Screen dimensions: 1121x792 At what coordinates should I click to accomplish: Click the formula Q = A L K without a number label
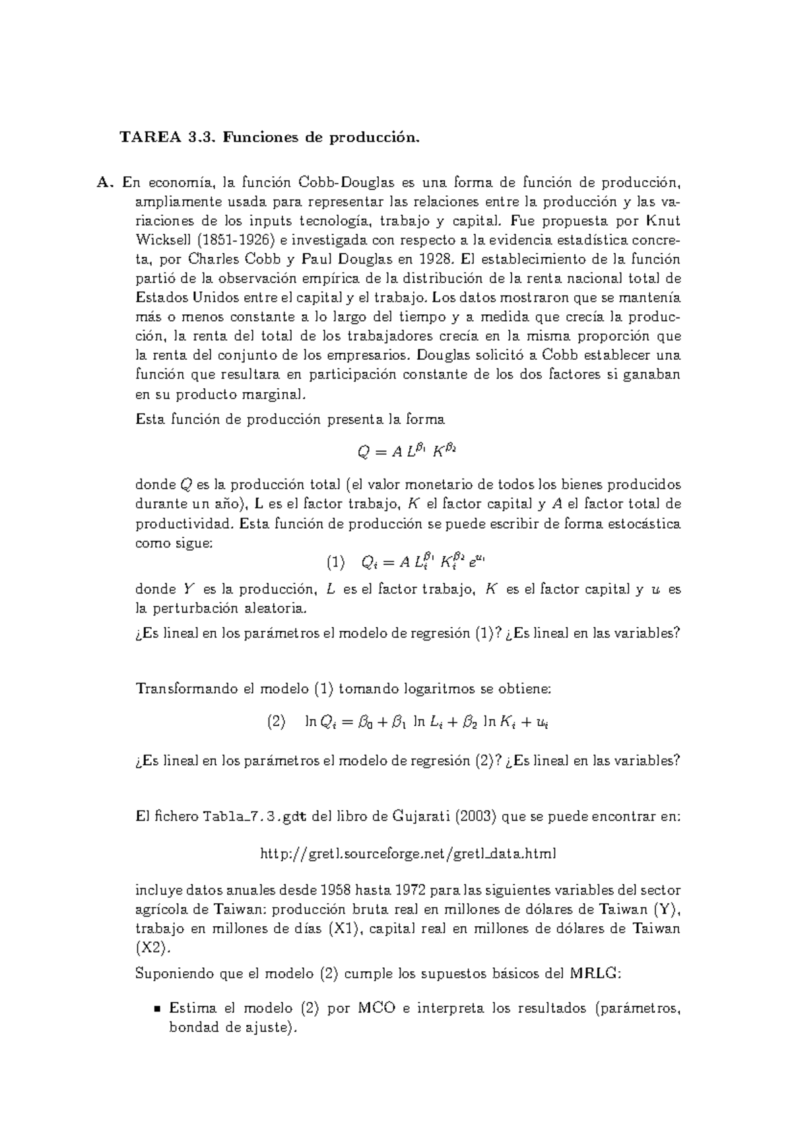point(407,452)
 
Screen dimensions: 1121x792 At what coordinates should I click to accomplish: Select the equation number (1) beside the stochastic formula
point(336,563)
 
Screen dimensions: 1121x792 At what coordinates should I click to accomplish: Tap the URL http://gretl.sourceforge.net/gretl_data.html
point(409,854)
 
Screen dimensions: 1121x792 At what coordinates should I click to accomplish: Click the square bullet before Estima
point(157,1009)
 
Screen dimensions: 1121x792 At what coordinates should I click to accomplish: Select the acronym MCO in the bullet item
point(376,1008)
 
